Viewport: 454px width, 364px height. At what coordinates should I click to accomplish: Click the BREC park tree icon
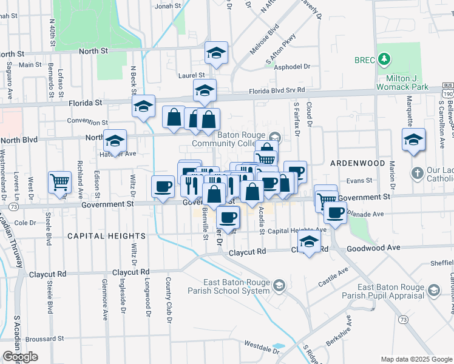(x=384, y=59)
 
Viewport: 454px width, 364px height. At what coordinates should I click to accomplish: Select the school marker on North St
(x=216, y=53)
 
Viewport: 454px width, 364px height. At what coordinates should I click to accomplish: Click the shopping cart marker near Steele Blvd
(x=59, y=182)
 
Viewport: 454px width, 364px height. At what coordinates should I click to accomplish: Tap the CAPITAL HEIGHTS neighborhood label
(x=106, y=235)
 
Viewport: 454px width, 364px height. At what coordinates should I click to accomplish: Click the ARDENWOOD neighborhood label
(x=357, y=164)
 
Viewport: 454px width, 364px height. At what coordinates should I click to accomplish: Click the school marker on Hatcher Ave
(x=114, y=141)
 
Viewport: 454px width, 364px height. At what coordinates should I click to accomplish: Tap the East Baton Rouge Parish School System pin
(x=279, y=285)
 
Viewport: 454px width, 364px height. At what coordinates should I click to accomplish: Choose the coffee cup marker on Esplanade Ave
(x=334, y=212)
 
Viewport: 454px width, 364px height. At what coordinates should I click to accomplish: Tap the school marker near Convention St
(x=143, y=106)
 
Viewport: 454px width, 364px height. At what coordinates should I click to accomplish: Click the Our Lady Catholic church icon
(x=417, y=174)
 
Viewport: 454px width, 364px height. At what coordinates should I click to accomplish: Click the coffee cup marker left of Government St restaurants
(x=163, y=187)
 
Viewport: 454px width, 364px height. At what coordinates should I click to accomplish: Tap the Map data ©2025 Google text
(x=416, y=359)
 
